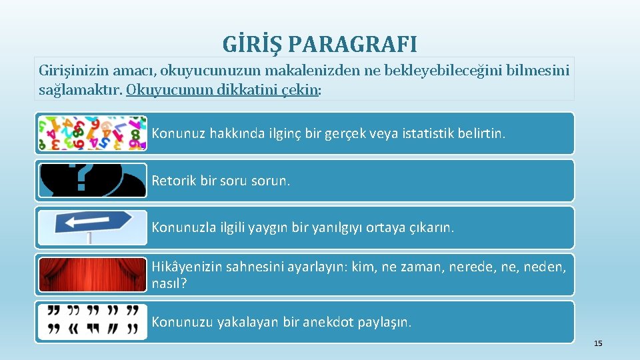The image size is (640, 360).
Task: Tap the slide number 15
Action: tap(597, 343)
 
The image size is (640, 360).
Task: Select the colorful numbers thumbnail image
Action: tap(92, 133)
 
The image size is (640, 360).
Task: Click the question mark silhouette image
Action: tap(92, 181)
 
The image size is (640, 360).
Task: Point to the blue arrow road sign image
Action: tap(92, 227)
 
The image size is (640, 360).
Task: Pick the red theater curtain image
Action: tap(92, 275)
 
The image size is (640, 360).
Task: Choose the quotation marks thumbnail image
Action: tap(92, 322)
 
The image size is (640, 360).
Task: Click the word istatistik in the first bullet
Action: tap(434, 133)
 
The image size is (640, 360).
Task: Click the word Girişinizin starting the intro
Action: tap(73, 70)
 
